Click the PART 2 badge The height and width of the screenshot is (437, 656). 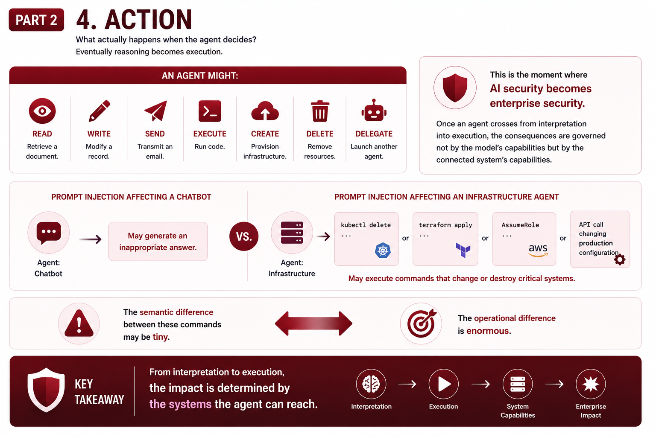coord(36,20)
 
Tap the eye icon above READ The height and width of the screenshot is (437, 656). coord(42,111)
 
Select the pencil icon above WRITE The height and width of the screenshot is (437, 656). coord(99,111)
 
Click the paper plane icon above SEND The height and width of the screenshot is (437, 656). coord(155,111)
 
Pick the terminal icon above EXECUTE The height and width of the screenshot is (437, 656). coord(210,111)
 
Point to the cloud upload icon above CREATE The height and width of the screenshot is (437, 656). coord(265,111)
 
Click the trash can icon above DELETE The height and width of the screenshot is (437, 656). coord(320,111)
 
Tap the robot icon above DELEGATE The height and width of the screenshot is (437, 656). coord(374,110)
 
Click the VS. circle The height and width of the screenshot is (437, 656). coord(244,236)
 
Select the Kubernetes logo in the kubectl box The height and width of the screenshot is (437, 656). coord(383,250)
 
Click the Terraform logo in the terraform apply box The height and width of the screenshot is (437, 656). coord(463,250)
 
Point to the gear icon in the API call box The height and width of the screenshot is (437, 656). coord(620,259)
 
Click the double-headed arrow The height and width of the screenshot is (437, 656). coord(313,323)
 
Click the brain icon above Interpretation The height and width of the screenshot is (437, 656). coord(371,384)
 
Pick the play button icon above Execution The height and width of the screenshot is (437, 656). coord(444,384)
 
